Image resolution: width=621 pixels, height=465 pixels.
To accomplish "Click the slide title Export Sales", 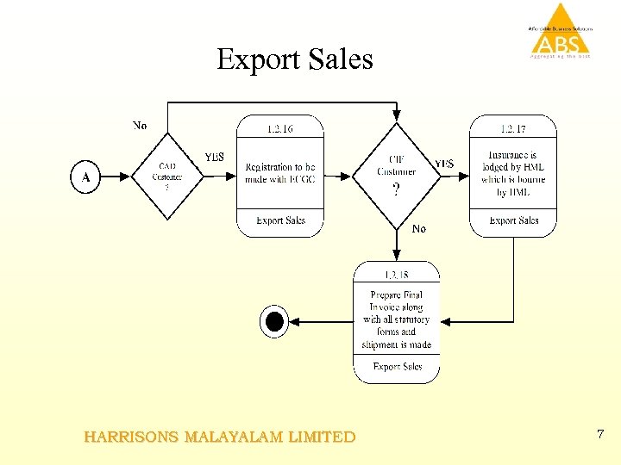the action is click(295, 59).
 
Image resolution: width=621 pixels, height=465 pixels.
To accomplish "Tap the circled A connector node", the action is click(85, 177).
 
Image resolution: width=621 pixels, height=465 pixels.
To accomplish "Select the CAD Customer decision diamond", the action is click(167, 176).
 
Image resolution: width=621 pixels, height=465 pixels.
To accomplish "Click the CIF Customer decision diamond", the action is click(396, 175).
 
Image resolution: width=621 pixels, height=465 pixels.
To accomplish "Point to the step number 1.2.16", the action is click(280, 129).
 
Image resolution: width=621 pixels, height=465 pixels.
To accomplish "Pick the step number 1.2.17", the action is click(513, 129).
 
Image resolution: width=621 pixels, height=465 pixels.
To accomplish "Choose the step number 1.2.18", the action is click(397, 275).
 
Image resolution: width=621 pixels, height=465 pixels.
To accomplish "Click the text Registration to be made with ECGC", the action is click(280, 172).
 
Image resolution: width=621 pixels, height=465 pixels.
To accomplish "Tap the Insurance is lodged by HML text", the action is click(513, 173).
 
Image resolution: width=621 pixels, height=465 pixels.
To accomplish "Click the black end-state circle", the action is click(274, 322).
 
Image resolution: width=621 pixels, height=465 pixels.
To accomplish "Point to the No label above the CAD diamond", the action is click(140, 126).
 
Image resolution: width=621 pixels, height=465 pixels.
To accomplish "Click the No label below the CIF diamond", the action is click(419, 229).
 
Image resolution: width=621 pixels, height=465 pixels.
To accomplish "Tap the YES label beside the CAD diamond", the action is click(214, 157).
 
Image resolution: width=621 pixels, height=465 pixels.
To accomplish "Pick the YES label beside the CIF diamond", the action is click(444, 164).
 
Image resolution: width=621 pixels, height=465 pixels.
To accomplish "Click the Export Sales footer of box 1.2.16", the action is click(280, 221).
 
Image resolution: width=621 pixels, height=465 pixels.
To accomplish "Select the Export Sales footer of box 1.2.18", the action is click(397, 367).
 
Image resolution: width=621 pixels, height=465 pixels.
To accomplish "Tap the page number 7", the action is click(600, 434).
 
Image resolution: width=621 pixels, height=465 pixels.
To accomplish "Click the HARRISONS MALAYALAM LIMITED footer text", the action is click(220, 437).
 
